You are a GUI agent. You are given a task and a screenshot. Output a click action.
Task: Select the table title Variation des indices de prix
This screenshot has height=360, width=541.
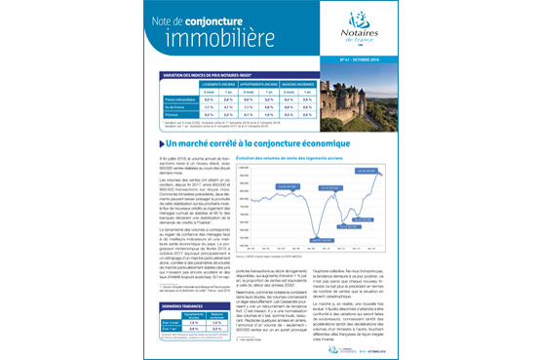pyautogui.click(x=205, y=76)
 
